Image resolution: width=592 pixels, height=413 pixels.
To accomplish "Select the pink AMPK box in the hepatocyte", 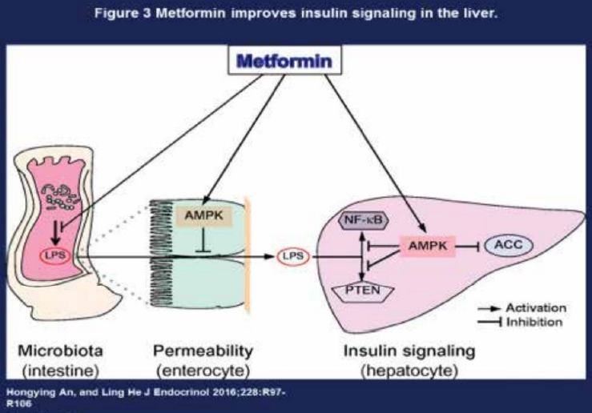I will (423, 247).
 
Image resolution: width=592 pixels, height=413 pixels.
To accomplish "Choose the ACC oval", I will (506, 247).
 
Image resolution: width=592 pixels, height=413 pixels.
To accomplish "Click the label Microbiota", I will (62, 352).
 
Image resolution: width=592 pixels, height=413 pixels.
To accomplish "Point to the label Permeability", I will (203, 352).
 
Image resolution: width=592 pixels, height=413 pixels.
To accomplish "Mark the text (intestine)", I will (62, 370).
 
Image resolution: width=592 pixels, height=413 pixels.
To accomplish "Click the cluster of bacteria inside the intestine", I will (67, 196).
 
